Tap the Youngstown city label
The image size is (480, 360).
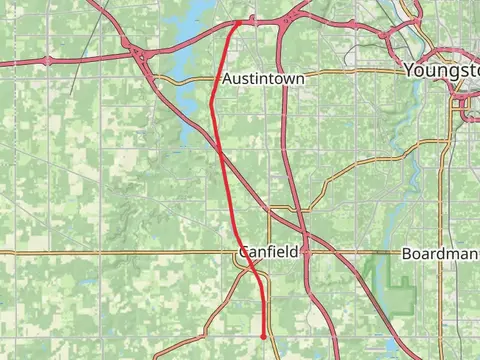point(441,71)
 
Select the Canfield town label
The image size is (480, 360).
point(268,252)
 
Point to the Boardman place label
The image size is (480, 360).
point(440,254)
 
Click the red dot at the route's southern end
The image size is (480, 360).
point(264,337)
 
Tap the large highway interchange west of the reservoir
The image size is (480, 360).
point(137,55)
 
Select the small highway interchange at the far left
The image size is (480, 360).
point(47,61)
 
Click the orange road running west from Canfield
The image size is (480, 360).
point(120,252)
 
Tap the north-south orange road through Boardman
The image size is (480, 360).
point(440,200)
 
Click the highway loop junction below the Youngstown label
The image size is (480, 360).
point(462,102)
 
